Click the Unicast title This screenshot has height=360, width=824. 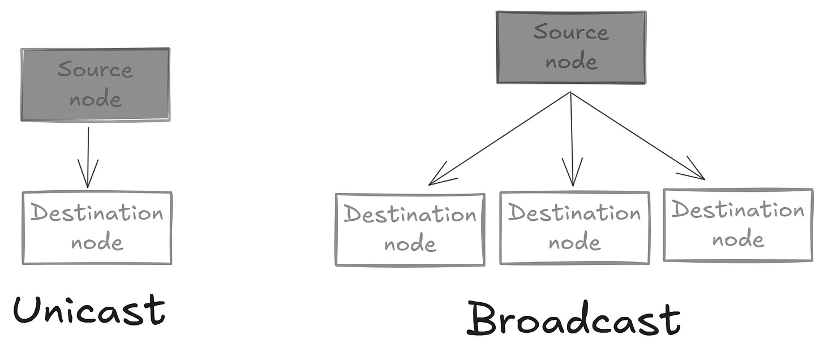tap(89, 310)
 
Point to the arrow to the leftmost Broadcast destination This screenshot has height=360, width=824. tap(498, 139)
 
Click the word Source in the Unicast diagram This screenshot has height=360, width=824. tap(95, 70)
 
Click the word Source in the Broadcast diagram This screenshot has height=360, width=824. tap(571, 32)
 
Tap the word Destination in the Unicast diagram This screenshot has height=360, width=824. tap(97, 213)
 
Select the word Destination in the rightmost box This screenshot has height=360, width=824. tap(738, 211)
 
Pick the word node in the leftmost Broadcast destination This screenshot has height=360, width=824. tap(410, 244)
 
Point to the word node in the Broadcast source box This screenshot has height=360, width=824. tap(572, 61)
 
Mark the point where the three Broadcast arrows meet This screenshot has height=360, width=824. tap(570, 93)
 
